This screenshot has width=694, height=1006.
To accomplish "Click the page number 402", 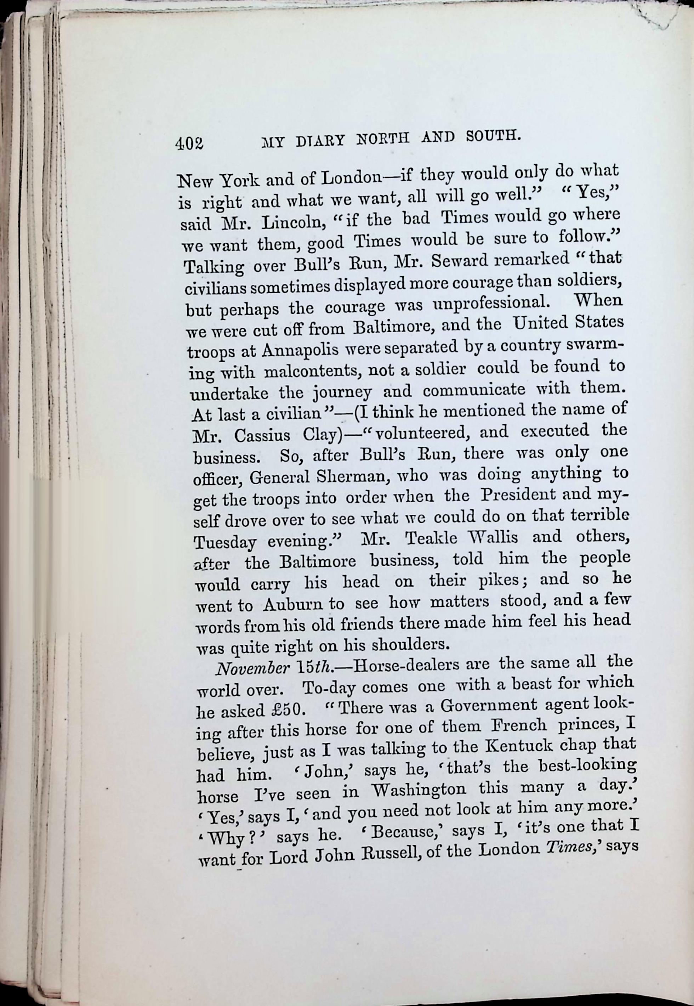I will point(189,143).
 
